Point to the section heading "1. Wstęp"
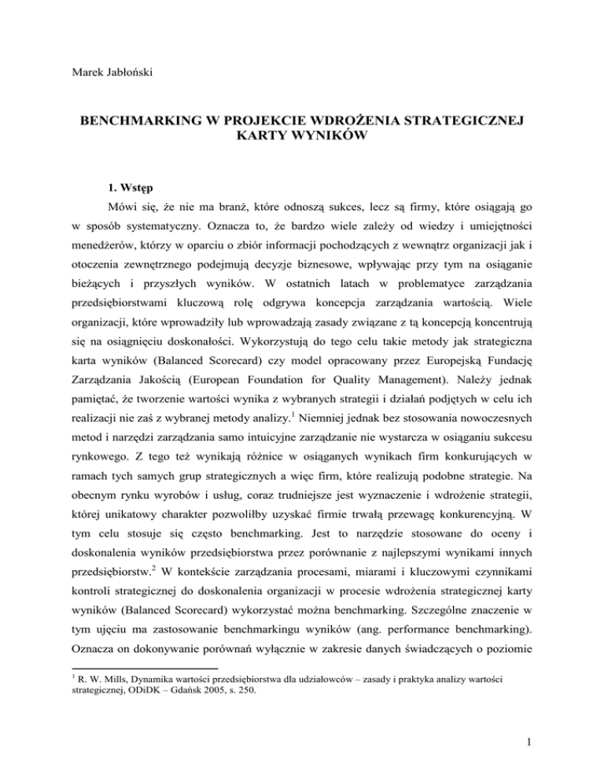tap(113, 189)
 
